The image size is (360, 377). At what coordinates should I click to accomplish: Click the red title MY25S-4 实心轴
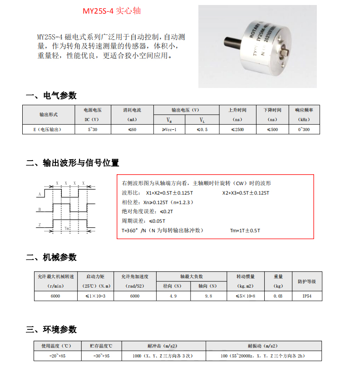click(111, 11)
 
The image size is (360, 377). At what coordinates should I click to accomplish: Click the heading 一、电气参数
click(51, 95)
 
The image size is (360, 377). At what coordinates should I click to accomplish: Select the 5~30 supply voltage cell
click(93, 130)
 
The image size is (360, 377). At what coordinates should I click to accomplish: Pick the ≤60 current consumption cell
click(133, 130)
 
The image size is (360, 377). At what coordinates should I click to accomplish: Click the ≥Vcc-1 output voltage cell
click(169, 130)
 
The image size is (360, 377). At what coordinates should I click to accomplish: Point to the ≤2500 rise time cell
click(237, 130)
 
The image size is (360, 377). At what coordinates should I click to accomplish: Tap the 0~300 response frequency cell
click(304, 130)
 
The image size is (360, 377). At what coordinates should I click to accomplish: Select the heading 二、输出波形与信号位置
click(73, 163)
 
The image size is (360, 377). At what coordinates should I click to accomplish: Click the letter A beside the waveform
click(40, 194)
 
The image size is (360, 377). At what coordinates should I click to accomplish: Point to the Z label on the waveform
click(40, 225)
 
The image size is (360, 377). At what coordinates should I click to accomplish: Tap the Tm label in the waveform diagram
click(67, 229)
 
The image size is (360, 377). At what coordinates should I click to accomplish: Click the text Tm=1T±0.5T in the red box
click(246, 230)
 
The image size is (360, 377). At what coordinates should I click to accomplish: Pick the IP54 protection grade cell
click(307, 296)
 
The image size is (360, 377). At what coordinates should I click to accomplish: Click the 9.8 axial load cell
click(208, 296)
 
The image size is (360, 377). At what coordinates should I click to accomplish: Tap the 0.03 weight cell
click(278, 296)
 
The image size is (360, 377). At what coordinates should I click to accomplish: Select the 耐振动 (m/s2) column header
click(263, 346)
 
